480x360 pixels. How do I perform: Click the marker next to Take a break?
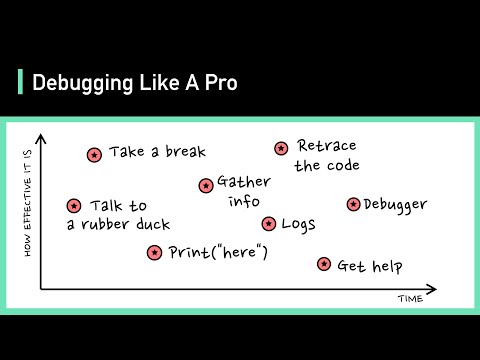click(x=94, y=155)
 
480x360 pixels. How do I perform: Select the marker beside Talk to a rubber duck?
click(x=74, y=206)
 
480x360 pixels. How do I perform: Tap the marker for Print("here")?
click(x=154, y=253)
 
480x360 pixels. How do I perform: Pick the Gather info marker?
click(x=206, y=185)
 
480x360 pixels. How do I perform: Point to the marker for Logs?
click(x=269, y=224)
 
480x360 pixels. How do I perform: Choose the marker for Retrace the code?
click(x=282, y=148)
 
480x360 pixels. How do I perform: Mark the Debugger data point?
click(x=353, y=204)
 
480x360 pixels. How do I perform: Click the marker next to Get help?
click(x=324, y=264)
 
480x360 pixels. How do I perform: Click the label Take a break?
click(x=157, y=153)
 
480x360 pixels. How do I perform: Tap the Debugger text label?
click(x=395, y=205)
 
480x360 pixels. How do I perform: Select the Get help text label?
click(x=369, y=266)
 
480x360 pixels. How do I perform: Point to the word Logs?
click(x=300, y=224)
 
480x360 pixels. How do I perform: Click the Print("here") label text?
click(x=219, y=253)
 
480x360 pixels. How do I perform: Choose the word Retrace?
click(x=327, y=147)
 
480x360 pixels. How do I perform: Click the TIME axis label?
click(x=410, y=298)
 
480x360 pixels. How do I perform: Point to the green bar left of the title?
click(x=21, y=82)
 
